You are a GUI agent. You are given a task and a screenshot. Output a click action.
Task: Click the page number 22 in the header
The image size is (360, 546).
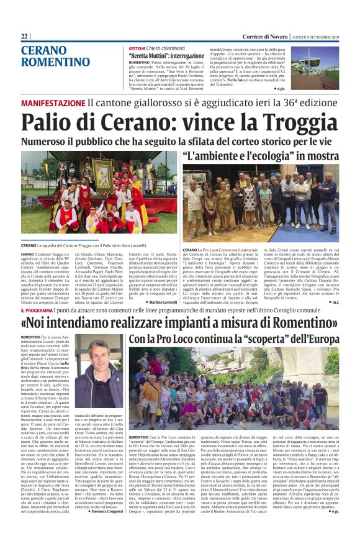click(x=25, y=37)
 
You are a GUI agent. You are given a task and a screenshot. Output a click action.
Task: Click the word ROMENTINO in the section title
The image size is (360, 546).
click(x=55, y=63)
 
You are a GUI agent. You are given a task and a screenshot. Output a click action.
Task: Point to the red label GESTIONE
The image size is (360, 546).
click(x=137, y=48)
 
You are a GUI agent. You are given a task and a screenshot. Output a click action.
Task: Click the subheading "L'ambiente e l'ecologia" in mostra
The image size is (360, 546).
click(x=261, y=153)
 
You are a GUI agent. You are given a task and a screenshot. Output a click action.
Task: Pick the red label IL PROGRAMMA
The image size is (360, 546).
click(x=40, y=309)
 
